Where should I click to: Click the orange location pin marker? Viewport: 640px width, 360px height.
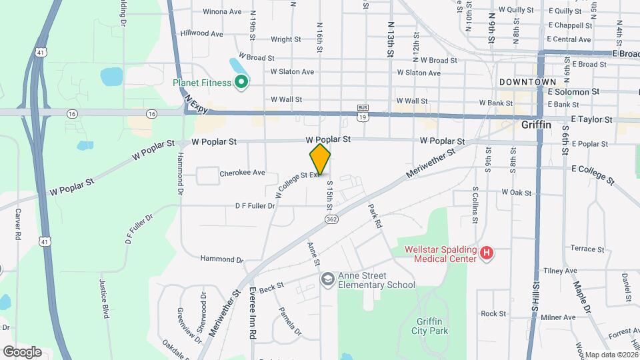click(320, 159)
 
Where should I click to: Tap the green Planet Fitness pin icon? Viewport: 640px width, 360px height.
click(241, 83)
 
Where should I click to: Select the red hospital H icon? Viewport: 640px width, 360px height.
click(487, 254)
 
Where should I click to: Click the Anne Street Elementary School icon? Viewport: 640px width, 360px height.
click(327, 279)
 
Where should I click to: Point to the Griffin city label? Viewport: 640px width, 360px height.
click(536, 124)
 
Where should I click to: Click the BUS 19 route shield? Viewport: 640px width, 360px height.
click(363, 111)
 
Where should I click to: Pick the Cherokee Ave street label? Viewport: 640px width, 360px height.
click(242, 173)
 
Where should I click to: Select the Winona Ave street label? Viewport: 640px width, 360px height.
click(222, 11)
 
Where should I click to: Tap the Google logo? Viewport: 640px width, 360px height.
click(21, 351)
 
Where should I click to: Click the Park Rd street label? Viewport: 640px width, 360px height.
click(374, 216)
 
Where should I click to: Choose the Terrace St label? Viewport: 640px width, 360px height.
click(587, 249)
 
